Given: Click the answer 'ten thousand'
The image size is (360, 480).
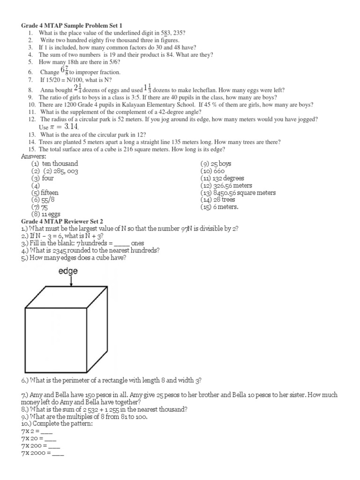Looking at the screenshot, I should [60, 164].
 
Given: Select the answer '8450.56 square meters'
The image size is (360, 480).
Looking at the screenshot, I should [238, 193].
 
